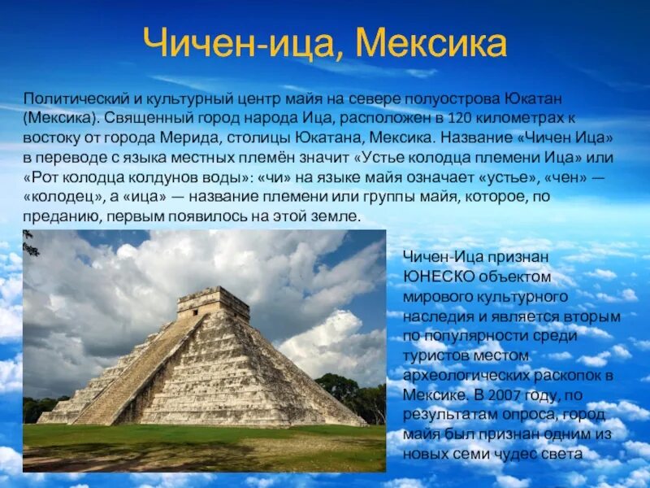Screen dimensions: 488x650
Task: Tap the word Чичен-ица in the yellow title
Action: click(236, 43)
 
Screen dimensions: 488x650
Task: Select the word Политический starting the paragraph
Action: click(71, 98)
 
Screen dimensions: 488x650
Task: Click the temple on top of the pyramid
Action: click(213, 303)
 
